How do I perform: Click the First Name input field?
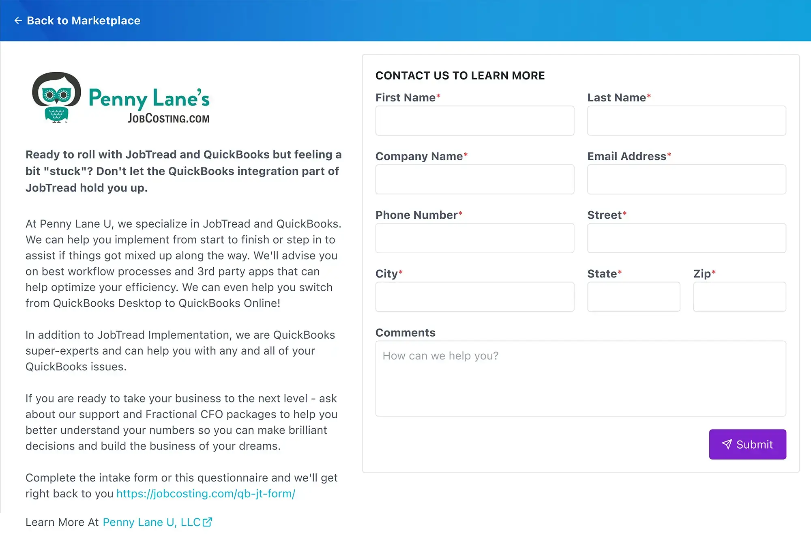474,121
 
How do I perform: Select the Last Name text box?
686,121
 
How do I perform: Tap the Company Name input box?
474,179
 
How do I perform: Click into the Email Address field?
686,179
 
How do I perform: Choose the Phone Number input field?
474,238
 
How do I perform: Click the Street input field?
686,238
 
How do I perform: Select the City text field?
474,297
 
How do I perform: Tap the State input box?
633,297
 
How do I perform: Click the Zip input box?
739,297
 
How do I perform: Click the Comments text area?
580,378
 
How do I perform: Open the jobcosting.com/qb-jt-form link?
206,494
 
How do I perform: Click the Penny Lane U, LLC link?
152,522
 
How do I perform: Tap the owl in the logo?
56,97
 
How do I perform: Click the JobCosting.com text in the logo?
168,118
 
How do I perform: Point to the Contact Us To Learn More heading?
460,76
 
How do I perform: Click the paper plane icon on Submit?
727,445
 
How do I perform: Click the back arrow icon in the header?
18,21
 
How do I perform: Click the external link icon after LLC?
207,522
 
